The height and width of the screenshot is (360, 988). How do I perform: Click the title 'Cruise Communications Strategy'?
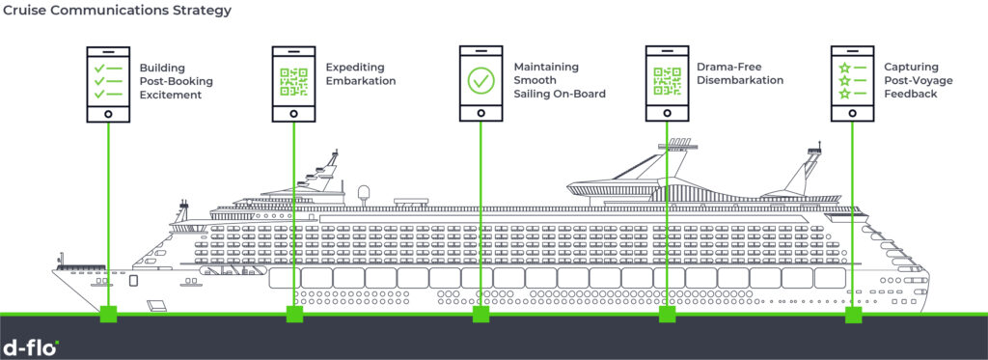(x=118, y=12)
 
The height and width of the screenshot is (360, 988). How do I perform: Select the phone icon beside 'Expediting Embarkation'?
(x=293, y=83)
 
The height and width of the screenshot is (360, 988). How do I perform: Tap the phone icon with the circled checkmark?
(x=480, y=83)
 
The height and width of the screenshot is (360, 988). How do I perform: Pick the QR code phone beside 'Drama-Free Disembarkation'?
(x=667, y=83)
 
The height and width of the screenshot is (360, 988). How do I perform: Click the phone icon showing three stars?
(x=853, y=83)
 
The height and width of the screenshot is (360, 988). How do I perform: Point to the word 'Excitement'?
(x=171, y=95)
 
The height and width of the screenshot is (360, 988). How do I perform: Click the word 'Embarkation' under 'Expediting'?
(x=361, y=81)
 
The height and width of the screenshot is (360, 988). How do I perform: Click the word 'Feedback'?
(x=911, y=94)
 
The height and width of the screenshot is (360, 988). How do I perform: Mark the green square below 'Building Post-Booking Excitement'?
(x=108, y=314)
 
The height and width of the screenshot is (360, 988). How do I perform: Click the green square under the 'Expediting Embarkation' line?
(x=294, y=314)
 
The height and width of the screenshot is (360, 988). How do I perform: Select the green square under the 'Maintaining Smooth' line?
(x=480, y=314)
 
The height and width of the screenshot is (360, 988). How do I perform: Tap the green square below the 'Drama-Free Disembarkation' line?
(x=667, y=314)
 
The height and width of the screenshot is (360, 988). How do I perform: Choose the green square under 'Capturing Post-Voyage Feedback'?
(x=853, y=314)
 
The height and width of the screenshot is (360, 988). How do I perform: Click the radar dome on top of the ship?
(x=365, y=192)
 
